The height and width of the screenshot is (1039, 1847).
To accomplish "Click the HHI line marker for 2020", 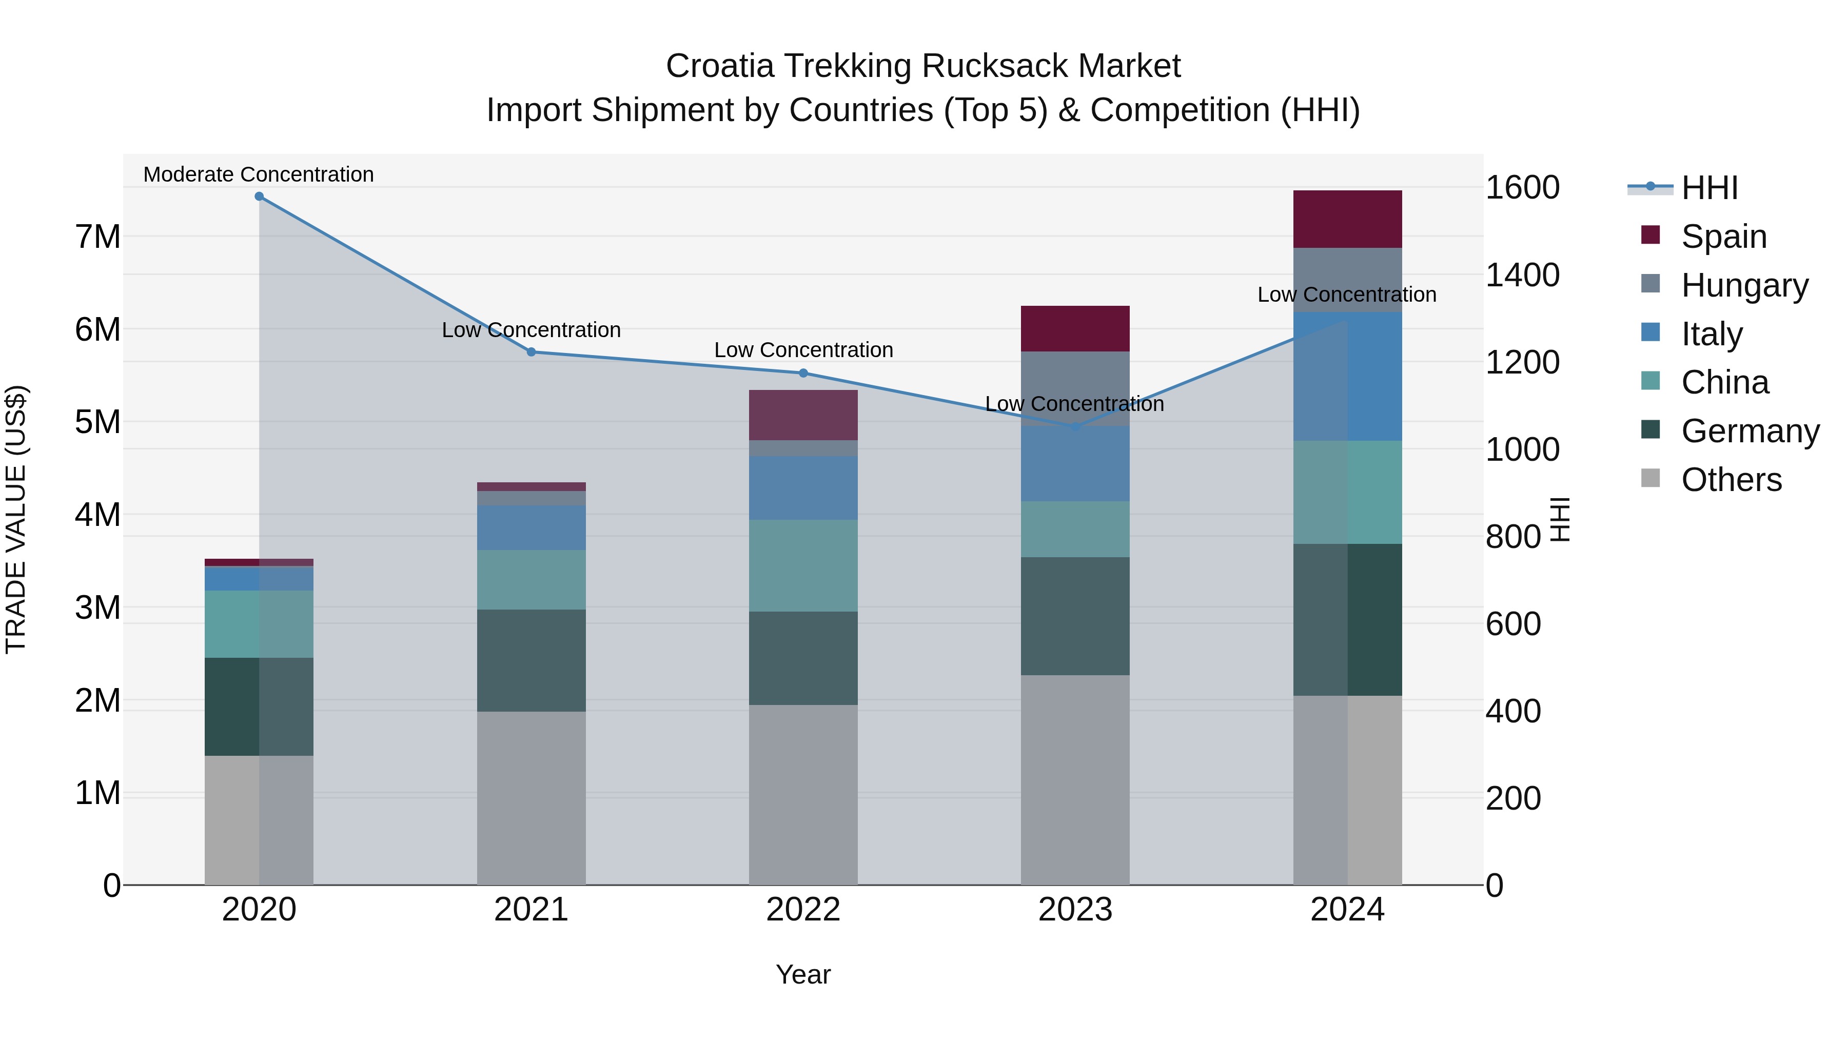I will click(x=259, y=197).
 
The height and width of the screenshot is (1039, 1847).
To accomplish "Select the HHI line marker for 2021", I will click(x=532, y=352).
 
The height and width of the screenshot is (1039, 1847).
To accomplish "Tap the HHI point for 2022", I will click(x=803, y=373).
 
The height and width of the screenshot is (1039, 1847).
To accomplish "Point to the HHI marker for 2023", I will click(x=1075, y=427).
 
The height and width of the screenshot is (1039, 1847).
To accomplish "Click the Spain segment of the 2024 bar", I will click(x=1347, y=220).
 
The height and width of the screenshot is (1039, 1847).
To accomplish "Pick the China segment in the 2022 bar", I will click(x=803, y=566).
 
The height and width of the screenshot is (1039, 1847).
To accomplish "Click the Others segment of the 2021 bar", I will click(x=532, y=798).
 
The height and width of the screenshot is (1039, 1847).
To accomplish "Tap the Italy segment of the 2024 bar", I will click(x=1347, y=377).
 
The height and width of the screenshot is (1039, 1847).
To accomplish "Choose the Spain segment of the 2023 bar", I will click(x=1075, y=328).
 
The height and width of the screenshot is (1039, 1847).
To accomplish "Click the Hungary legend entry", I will click(x=1744, y=285).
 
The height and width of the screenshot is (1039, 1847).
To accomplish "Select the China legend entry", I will click(x=1724, y=382).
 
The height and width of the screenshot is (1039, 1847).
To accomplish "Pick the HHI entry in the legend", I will click(x=1708, y=188).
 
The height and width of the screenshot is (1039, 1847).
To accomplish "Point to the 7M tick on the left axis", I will click(x=97, y=237).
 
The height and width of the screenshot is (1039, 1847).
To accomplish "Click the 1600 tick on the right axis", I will click(x=1522, y=188).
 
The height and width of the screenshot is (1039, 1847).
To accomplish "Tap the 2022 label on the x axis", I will click(x=803, y=910).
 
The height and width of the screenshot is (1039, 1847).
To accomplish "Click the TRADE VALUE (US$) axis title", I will click(x=16, y=519).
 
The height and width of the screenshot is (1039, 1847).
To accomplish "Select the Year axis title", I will click(x=803, y=974).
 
